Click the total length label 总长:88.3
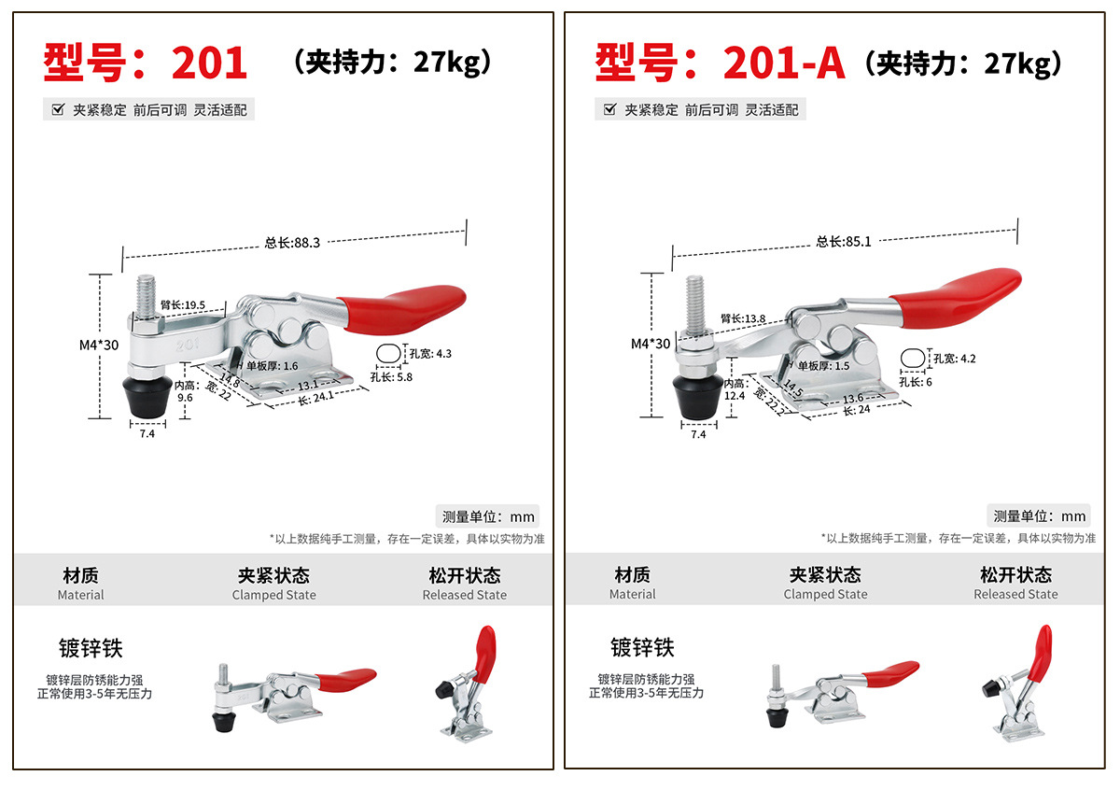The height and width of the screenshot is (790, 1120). pos(292,243)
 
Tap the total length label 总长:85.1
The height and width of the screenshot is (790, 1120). pos(844,242)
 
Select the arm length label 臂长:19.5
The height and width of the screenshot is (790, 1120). pos(183,304)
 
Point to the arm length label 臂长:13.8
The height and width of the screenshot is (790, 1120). pos(743,318)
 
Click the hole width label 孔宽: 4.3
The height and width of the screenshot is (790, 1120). pos(430,354)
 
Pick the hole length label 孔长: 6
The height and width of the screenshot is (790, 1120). pos(916,382)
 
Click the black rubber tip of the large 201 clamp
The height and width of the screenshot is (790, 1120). pos(147,398)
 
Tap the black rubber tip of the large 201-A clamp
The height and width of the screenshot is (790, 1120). pos(698,398)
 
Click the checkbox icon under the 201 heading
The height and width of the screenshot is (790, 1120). pos(58,109)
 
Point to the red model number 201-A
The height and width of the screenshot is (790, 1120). pos(784,63)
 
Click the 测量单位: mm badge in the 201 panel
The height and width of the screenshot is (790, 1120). pos(487,516)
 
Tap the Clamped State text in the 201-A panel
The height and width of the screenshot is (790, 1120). pos(825,595)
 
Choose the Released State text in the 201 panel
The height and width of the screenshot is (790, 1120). pos(465,595)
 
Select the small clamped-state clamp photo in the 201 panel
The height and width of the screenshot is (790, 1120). pos(294,699)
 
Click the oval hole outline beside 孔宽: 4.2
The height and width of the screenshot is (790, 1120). pos(913,359)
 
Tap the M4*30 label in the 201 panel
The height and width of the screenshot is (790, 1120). pos(99,346)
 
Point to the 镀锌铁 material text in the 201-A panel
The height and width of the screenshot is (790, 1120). pos(642,647)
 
